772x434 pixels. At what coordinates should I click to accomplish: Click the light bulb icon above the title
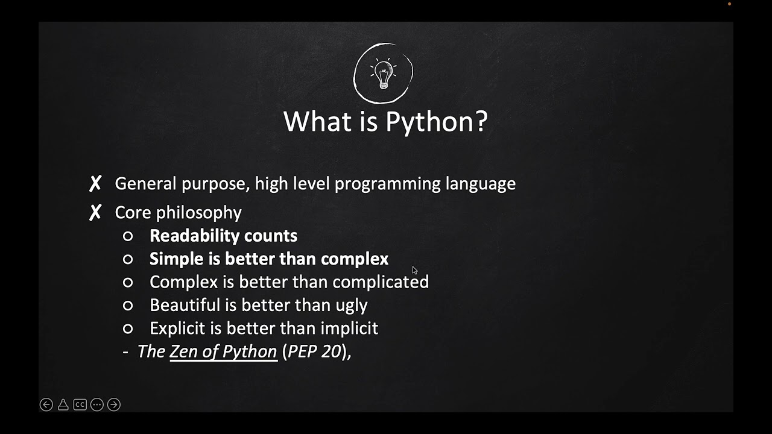pyautogui.click(x=384, y=74)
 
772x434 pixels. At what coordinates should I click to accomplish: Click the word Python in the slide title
pyautogui.click(x=436, y=121)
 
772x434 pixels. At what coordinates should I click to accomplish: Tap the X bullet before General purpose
pyautogui.click(x=95, y=184)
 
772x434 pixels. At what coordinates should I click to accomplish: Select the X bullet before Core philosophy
pyautogui.click(x=95, y=213)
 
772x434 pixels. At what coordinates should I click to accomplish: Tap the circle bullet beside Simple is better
pyautogui.click(x=128, y=259)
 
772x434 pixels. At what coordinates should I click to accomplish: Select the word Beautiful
pyautogui.click(x=185, y=305)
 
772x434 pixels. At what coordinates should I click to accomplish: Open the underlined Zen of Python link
pyautogui.click(x=223, y=351)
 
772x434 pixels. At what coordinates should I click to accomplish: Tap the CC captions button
pyautogui.click(x=80, y=405)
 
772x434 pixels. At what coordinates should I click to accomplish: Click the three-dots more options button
pyautogui.click(x=96, y=405)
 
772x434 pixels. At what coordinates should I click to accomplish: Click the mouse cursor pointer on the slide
pyautogui.click(x=414, y=270)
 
